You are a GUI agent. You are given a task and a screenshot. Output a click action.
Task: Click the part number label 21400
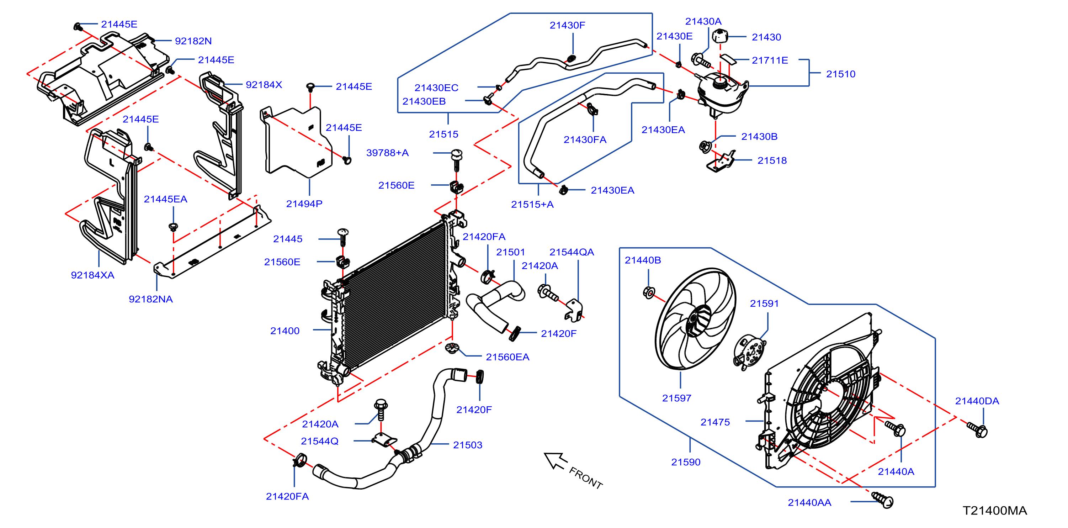click(285, 331)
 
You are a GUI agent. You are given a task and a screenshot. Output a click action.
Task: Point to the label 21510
click(840, 74)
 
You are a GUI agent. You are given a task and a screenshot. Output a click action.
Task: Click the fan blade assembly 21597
click(695, 318)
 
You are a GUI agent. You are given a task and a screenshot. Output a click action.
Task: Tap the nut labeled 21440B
click(649, 292)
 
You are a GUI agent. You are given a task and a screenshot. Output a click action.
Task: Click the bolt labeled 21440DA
click(978, 429)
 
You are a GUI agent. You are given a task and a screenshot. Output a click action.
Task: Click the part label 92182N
click(193, 41)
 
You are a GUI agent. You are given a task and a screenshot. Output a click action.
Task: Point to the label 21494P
click(304, 204)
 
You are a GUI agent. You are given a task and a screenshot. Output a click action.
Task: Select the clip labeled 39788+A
click(457, 160)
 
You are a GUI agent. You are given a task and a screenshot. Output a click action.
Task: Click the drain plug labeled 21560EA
click(452, 348)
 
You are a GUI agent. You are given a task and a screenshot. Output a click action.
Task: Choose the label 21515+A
click(532, 205)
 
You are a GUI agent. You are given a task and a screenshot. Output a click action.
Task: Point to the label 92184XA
click(92, 275)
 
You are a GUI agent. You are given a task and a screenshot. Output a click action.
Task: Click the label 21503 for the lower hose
click(467, 445)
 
